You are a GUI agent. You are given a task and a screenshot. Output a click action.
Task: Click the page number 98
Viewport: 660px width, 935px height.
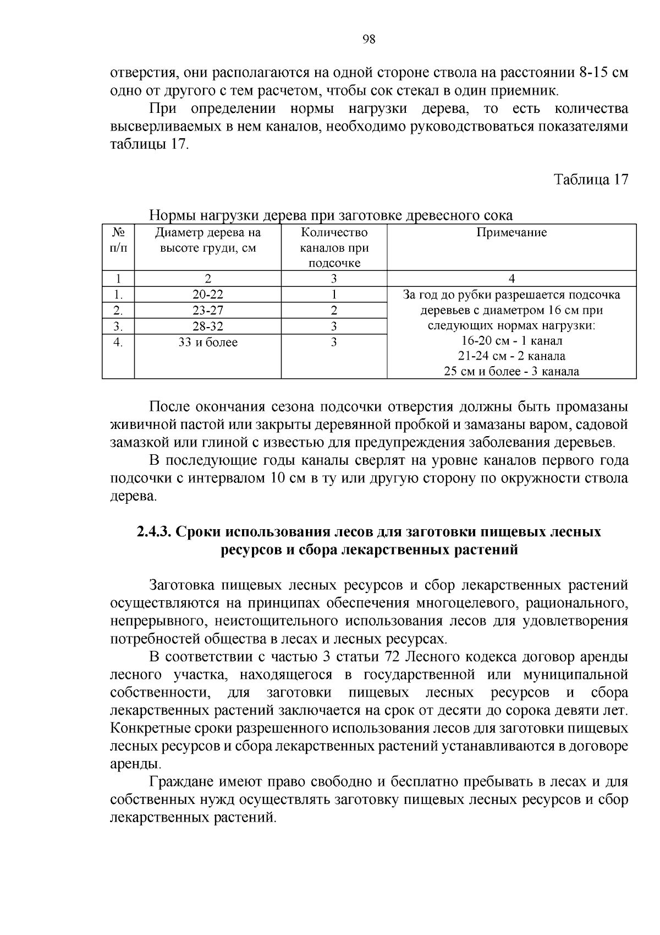tap(369, 39)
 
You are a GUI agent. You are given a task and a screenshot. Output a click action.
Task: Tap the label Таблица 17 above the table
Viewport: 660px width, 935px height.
tap(590, 180)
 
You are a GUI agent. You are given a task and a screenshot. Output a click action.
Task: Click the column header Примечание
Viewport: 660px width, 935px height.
tap(512, 232)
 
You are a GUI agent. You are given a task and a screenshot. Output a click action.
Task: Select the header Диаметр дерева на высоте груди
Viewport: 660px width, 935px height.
tap(208, 240)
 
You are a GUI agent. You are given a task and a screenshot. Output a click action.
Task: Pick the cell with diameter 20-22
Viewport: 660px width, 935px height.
tap(208, 294)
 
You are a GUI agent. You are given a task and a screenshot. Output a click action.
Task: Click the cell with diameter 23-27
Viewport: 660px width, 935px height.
tap(208, 310)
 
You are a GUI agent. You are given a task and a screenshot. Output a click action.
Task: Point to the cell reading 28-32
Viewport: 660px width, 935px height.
tap(208, 326)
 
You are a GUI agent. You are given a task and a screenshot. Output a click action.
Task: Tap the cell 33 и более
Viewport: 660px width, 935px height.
tap(208, 343)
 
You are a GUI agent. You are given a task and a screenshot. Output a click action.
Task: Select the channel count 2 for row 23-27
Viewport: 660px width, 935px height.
tap(334, 310)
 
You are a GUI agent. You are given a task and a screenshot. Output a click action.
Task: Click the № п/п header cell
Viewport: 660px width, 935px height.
tap(118, 240)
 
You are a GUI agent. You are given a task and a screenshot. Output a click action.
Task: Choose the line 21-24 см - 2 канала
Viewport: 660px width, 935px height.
tap(512, 356)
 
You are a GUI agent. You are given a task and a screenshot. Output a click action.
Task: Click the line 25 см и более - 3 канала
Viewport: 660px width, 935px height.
tap(512, 371)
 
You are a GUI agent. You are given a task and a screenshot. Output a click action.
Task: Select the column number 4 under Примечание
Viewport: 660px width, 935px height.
tap(512, 279)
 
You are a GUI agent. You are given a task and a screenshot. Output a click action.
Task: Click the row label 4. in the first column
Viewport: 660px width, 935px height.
tap(118, 343)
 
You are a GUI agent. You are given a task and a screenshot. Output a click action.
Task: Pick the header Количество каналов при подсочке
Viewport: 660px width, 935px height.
tap(334, 248)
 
